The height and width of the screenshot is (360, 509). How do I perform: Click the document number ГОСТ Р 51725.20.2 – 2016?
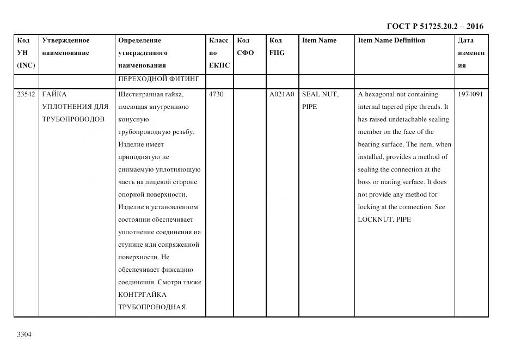tap(434, 26)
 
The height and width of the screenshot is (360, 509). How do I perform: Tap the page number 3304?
tap(24, 334)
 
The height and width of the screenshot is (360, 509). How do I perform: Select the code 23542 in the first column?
tap(26, 94)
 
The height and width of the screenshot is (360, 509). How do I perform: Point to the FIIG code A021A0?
tap(281, 94)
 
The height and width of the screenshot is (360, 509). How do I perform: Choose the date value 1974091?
tap(471, 94)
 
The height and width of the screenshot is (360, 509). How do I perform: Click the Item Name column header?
tap(319, 40)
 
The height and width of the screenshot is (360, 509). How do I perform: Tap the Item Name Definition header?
tap(391, 40)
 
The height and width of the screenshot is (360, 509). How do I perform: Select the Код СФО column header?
tap(245, 47)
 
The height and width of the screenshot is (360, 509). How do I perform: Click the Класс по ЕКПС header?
tap(219, 53)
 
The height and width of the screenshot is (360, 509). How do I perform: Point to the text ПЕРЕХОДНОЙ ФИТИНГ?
tap(158, 80)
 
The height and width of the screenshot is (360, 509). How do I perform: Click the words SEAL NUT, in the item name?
tap(320, 94)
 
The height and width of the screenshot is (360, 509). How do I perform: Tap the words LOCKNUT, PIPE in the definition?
tap(384, 219)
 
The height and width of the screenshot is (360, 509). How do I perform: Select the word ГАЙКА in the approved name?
tap(54, 94)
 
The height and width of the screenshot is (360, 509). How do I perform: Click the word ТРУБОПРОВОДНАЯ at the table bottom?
tap(152, 307)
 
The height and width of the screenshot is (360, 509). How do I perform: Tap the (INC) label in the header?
tap(26, 65)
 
